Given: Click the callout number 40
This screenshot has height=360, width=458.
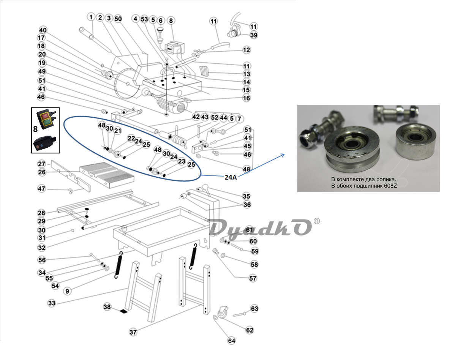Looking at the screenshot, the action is [x=43, y=30].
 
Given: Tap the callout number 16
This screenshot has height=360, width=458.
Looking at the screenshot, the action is [x=246, y=98].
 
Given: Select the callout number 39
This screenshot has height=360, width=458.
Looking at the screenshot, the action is [x=254, y=35].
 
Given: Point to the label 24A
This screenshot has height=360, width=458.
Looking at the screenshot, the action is [x=231, y=177].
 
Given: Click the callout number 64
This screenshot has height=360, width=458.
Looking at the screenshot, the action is [x=231, y=341].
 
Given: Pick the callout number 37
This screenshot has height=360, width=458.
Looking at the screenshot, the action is [x=133, y=332].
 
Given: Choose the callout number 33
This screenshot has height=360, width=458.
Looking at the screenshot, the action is [x=52, y=303].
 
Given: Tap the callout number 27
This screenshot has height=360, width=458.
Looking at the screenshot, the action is [x=41, y=164].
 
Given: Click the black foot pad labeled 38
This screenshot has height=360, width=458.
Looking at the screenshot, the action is [x=124, y=311].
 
